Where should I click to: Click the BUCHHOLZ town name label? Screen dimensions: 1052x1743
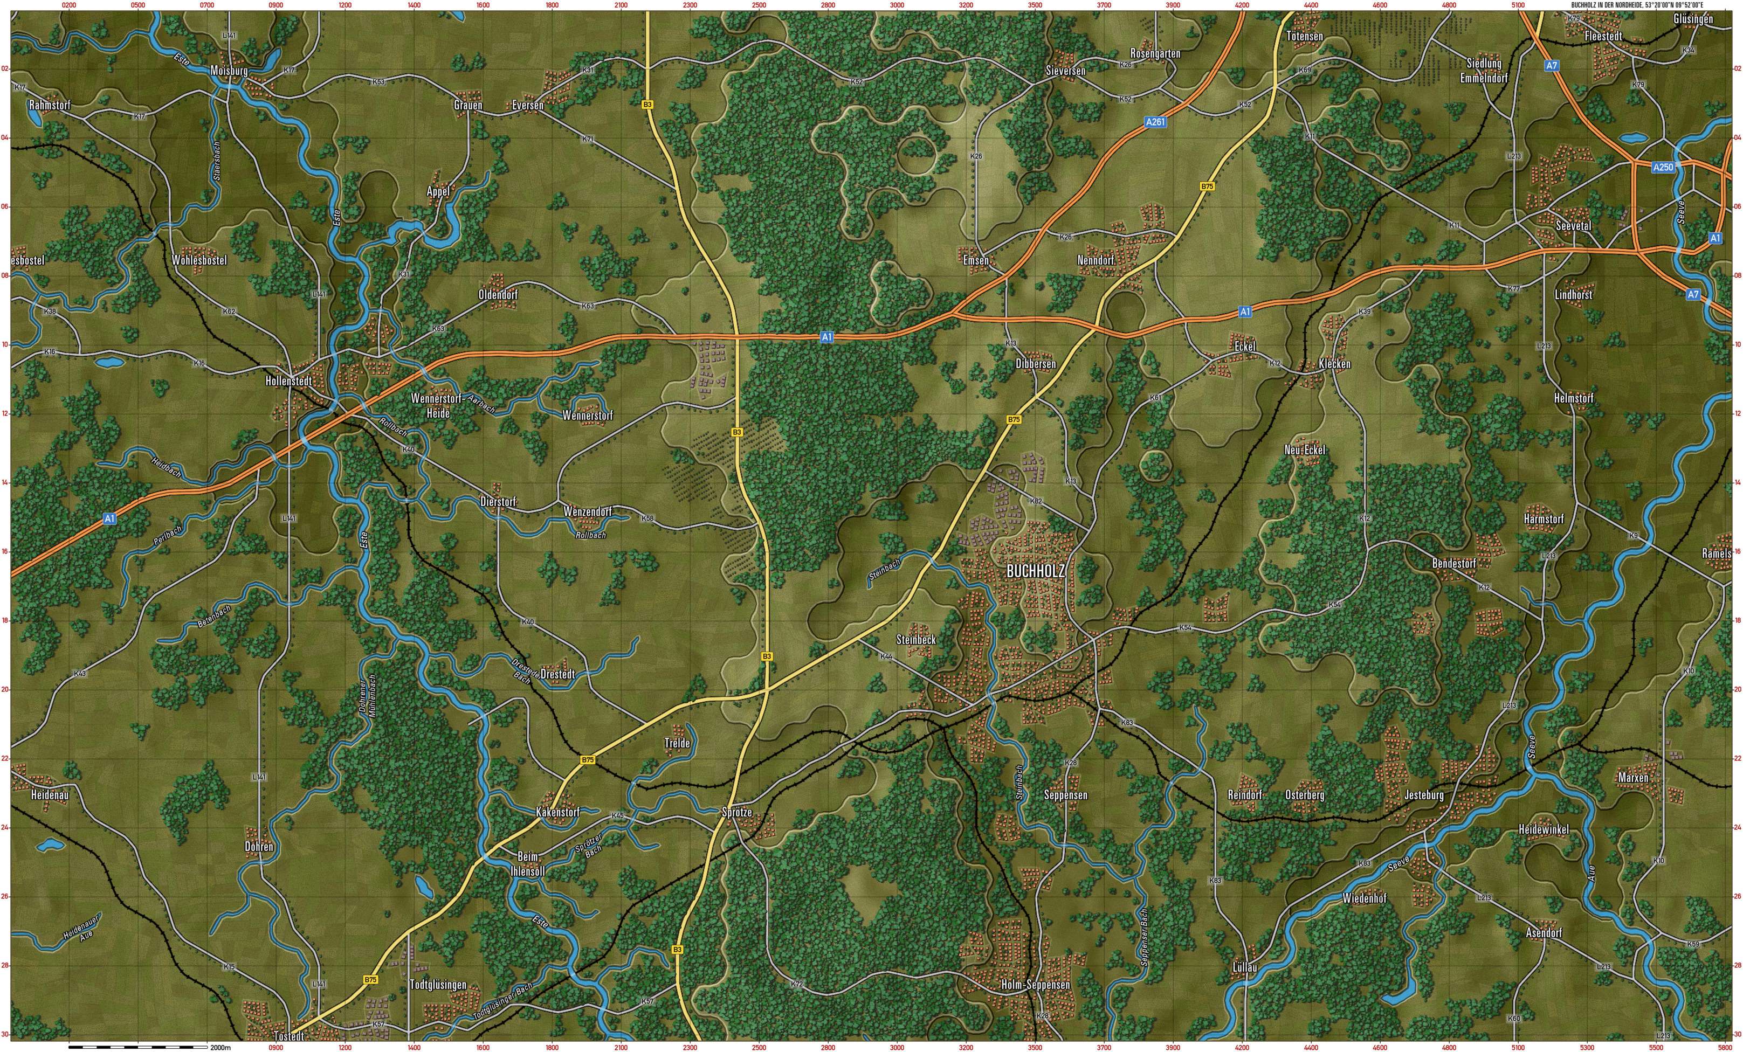pos(1036,571)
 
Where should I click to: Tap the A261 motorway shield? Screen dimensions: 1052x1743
pos(1155,122)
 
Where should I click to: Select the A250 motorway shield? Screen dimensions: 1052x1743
pos(1663,168)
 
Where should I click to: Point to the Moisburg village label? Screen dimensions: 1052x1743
pos(229,71)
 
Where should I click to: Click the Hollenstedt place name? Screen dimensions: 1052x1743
pos(288,381)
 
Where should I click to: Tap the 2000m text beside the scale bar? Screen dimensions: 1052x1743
pos(221,1047)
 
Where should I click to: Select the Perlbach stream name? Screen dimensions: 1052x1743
pos(168,535)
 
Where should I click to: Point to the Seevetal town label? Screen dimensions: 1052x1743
pos(1573,225)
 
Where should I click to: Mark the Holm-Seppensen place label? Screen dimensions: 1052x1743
pos(1036,985)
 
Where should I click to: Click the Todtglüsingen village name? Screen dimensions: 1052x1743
pos(438,985)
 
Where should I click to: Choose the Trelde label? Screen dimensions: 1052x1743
pos(677,743)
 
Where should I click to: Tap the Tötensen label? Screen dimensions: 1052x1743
pos(1305,36)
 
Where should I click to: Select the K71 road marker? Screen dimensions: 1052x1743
pos(588,139)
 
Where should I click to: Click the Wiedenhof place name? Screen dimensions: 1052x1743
pos(1365,898)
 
